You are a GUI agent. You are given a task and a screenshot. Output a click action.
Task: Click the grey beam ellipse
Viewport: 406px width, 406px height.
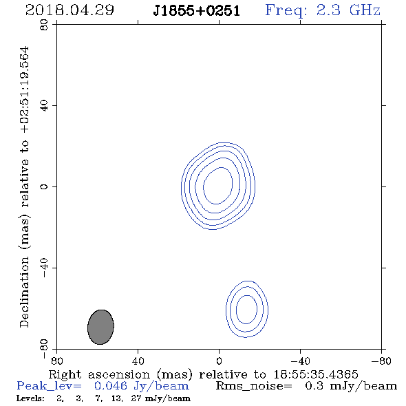point(100,327)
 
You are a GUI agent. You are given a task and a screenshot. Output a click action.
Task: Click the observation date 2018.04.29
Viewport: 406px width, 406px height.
point(70,10)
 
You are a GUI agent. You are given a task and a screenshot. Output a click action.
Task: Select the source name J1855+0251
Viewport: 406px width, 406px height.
point(197,11)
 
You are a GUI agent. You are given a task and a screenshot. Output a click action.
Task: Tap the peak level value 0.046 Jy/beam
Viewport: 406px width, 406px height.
point(142,386)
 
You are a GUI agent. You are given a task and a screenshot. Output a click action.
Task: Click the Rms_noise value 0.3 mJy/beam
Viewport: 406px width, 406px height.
point(351,386)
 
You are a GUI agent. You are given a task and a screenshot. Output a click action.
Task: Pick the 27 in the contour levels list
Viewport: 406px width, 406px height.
point(136,398)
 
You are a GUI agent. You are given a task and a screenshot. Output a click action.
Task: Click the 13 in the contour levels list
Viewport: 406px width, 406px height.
point(116,398)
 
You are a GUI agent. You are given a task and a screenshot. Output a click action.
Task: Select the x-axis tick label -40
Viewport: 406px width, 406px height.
point(300,361)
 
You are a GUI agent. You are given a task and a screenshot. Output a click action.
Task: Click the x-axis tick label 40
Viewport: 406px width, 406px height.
point(138,361)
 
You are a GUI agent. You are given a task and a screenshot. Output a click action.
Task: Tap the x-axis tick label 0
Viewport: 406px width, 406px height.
point(219,361)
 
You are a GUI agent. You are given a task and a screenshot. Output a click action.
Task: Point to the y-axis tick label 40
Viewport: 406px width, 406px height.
point(44,106)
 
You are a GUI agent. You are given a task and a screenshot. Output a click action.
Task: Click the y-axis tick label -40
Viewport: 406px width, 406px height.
point(44,268)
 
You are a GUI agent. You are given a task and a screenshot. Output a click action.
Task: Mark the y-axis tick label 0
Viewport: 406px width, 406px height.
point(44,186)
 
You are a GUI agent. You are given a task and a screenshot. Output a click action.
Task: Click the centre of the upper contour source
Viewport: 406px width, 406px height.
point(218,186)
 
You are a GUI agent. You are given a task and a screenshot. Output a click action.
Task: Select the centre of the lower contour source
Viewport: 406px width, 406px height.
point(247,309)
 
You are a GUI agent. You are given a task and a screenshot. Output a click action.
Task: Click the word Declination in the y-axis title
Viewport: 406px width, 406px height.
point(24,292)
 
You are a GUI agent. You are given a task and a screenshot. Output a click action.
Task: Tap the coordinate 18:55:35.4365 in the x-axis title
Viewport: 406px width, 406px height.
point(316,374)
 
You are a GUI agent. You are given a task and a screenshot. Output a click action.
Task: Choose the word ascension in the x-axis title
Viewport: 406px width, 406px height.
point(119,374)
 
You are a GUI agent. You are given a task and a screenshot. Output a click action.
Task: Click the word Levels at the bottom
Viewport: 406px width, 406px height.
point(30,398)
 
